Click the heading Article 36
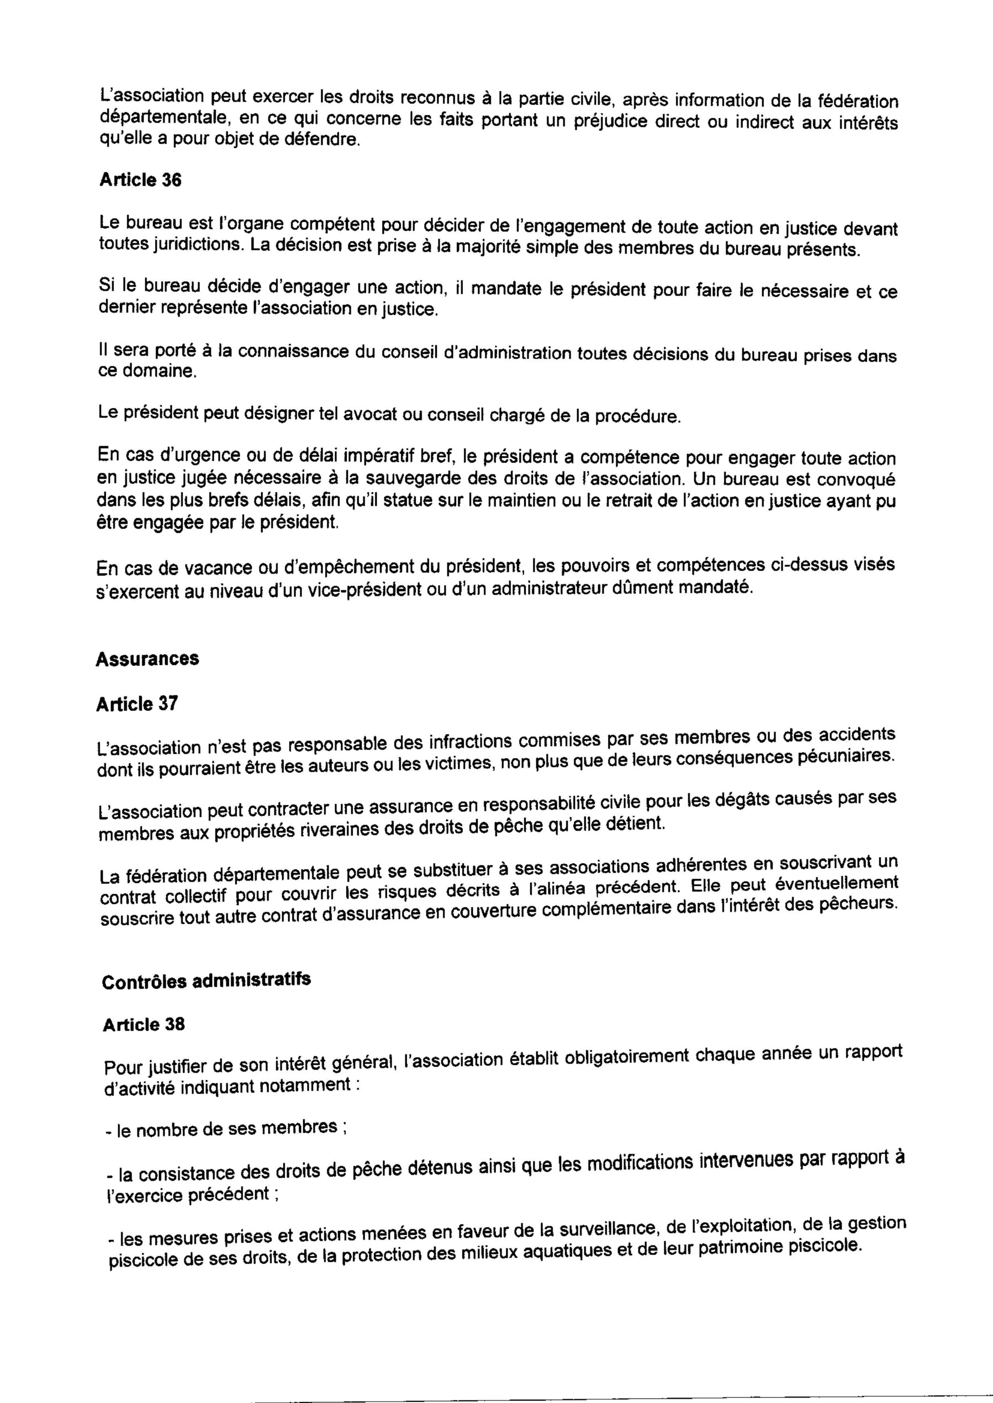(x=140, y=181)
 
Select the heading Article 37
(x=137, y=705)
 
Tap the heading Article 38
(x=144, y=1025)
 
